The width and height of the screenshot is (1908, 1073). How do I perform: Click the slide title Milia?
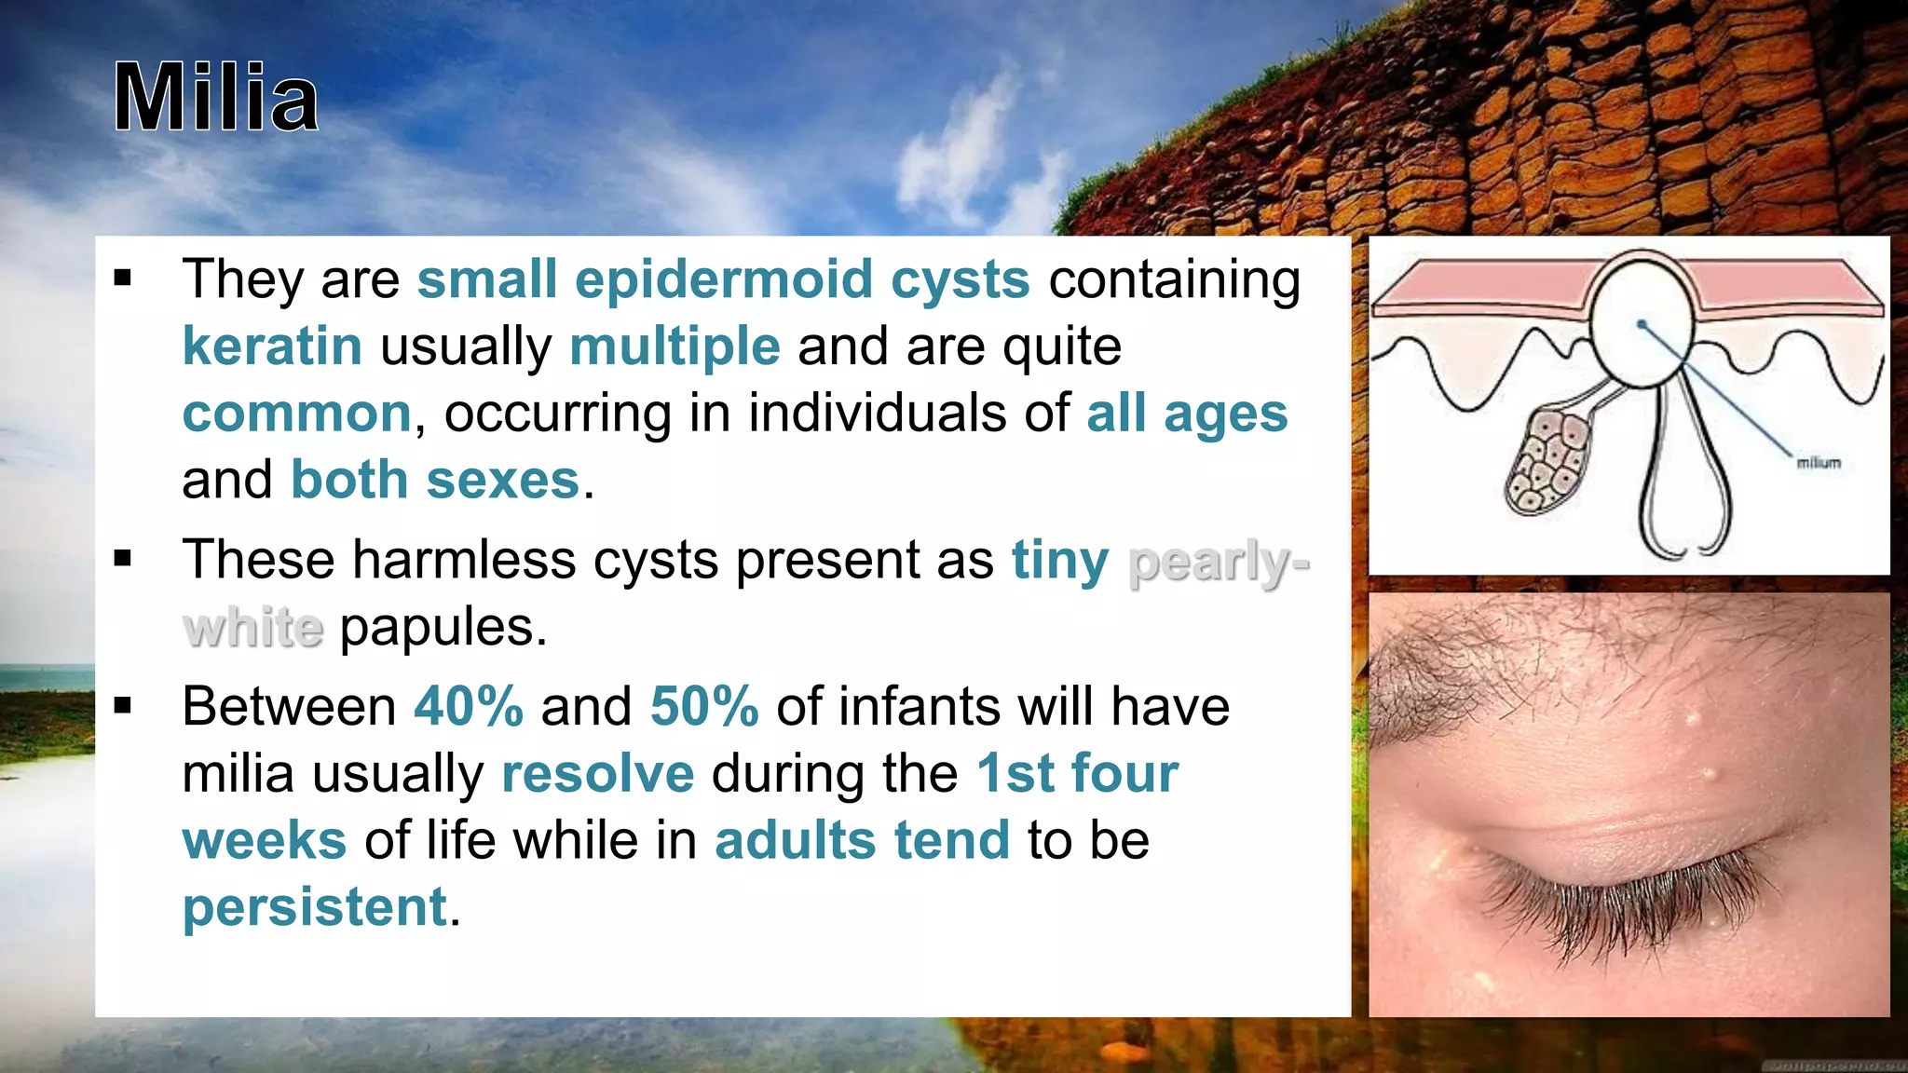(x=216, y=98)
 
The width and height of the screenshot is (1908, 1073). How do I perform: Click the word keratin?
(x=272, y=346)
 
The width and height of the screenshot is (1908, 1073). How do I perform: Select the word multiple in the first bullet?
(x=675, y=346)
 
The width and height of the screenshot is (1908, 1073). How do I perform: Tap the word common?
(x=296, y=414)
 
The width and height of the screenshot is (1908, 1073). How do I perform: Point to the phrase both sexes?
(x=435, y=481)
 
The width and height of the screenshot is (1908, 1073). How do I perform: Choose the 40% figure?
(x=469, y=706)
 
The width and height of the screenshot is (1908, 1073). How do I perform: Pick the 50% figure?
(x=704, y=706)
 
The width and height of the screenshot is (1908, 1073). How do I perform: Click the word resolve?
(x=597, y=774)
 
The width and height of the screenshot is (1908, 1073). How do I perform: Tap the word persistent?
(x=315, y=907)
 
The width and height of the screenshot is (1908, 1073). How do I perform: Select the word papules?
(x=443, y=627)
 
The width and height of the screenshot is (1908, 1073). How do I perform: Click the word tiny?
(x=1060, y=561)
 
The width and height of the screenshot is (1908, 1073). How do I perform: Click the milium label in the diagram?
(x=1819, y=463)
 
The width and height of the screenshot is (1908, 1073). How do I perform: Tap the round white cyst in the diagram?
(x=1641, y=321)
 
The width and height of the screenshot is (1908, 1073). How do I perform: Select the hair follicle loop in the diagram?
(x=1684, y=484)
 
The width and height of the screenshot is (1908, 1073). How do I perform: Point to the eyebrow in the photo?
(x=1453, y=671)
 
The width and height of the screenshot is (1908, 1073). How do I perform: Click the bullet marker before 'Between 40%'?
(x=123, y=707)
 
